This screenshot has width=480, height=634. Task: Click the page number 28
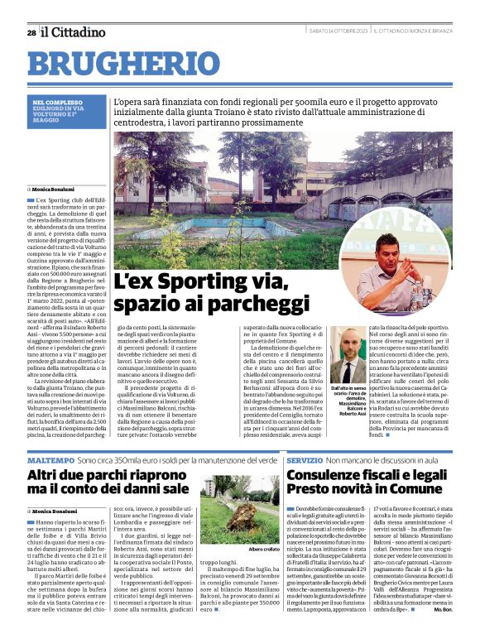(x=31, y=32)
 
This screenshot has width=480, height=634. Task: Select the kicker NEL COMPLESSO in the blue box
(x=55, y=103)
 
